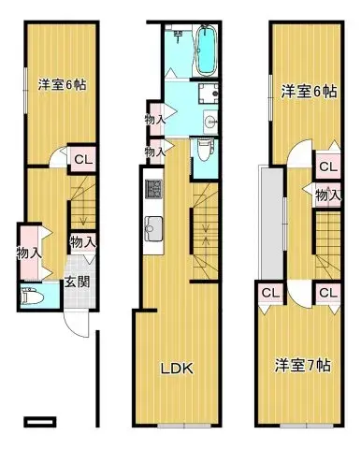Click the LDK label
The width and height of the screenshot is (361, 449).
click(176, 368)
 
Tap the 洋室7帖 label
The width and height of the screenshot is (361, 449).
click(302, 364)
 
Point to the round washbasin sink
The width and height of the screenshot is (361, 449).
click(209, 121)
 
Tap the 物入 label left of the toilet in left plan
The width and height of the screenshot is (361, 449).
click(28, 252)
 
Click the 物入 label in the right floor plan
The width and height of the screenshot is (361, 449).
click(326, 195)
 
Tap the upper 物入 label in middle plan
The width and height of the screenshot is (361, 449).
click(155, 120)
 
